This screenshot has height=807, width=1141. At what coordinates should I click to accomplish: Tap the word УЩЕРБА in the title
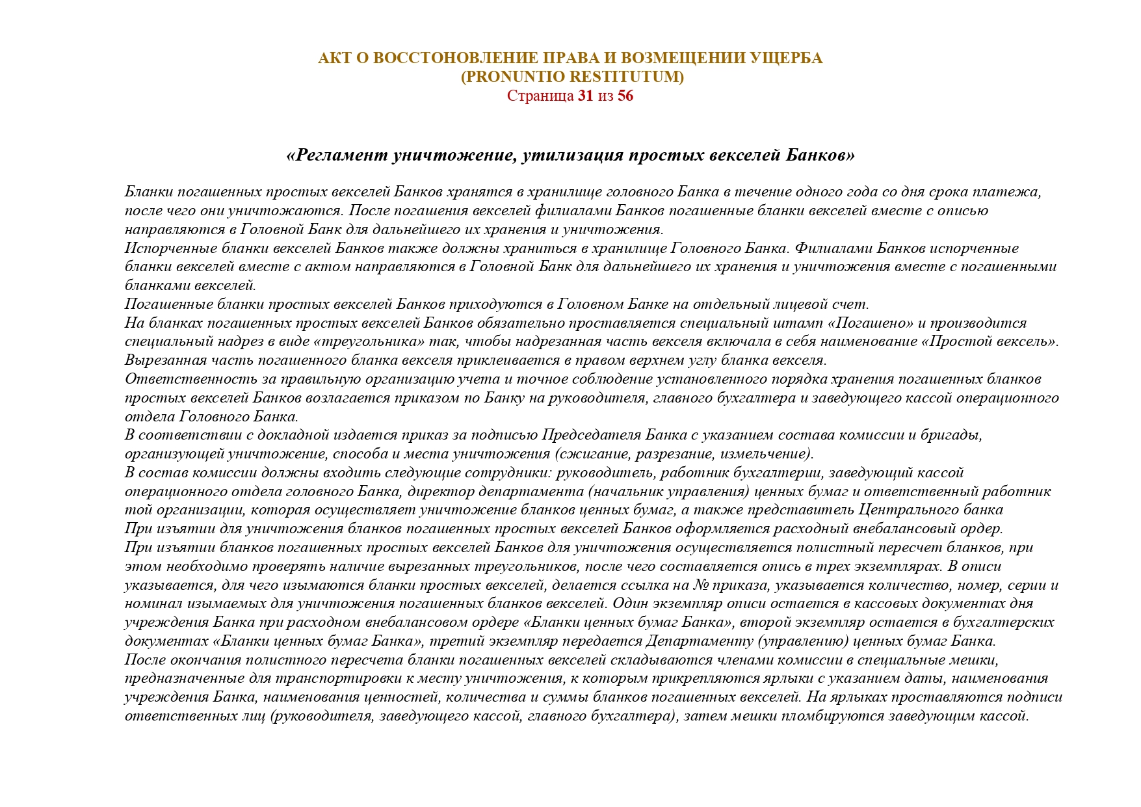click(x=787, y=59)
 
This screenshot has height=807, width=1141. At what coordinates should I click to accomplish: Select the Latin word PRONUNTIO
click(x=514, y=77)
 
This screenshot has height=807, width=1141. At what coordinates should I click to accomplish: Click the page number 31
click(x=585, y=96)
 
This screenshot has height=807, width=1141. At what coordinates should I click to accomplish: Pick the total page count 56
click(x=625, y=96)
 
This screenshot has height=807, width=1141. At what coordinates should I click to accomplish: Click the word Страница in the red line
click(x=540, y=96)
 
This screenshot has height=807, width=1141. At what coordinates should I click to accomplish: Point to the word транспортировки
click(x=328, y=679)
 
